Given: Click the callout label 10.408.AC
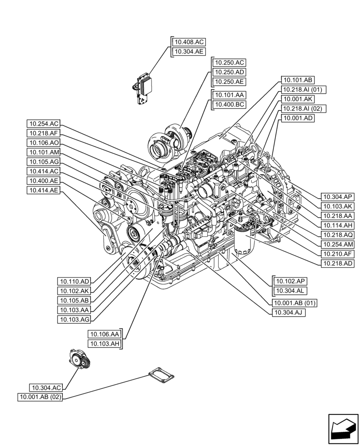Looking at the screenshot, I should coord(189,42).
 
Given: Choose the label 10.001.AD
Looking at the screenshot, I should coord(297,118).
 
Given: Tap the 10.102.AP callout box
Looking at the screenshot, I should coord(291,281).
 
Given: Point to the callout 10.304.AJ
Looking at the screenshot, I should coord(288,313).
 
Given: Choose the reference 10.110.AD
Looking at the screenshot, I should coord(74,281).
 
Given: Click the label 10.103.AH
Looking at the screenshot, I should coord(105,343).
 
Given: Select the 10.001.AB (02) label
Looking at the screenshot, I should coord(41,397).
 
